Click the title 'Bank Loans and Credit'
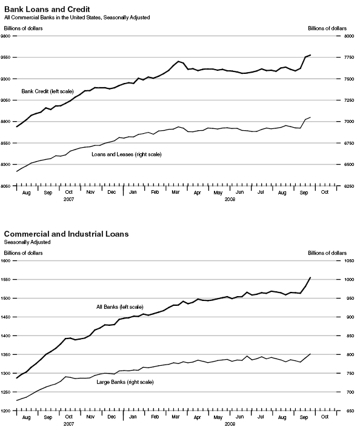click(x=47, y=10)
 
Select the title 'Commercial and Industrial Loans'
click(x=66, y=234)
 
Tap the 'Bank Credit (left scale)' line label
click(x=47, y=91)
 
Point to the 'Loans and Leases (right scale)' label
click(x=127, y=154)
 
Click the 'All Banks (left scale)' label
click(x=119, y=307)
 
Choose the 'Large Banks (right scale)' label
click(x=125, y=382)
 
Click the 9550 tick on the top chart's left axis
click(x=5, y=58)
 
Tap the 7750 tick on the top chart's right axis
click(x=349, y=58)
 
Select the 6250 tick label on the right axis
click(x=349, y=187)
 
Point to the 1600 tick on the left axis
click(x=5, y=260)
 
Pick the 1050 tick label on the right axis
click(x=349, y=260)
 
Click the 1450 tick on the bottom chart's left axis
click(x=5, y=317)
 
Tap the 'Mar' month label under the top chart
click(x=175, y=192)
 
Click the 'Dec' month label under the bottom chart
click(x=112, y=417)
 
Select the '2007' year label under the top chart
click(x=69, y=199)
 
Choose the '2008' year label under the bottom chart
click(x=230, y=423)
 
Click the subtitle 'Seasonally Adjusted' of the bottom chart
click(x=27, y=242)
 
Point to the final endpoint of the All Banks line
click(x=310, y=277)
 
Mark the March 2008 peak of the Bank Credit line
click(x=178, y=61)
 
